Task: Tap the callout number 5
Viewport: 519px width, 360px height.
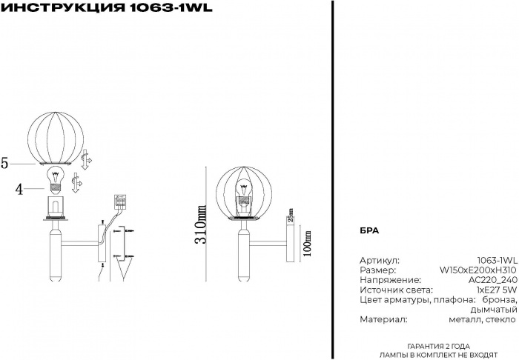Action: coord(4,164)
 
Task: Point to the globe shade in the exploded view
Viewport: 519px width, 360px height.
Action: coord(57,136)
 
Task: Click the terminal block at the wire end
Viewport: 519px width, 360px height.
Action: coord(120,201)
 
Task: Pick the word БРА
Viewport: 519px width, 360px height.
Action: coord(368,230)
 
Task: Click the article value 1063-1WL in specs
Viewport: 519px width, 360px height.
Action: coord(497,261)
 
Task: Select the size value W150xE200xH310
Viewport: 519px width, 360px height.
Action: coord(478,270)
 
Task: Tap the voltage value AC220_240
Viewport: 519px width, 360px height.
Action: coord(492,281)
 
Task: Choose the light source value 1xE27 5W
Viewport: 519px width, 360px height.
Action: coord(497,290)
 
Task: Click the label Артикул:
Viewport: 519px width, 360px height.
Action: coord(379,261)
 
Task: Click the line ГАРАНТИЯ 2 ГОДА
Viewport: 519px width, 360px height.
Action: coord(439,347)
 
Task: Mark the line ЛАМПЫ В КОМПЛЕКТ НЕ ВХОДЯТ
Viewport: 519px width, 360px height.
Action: coord(439,356)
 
